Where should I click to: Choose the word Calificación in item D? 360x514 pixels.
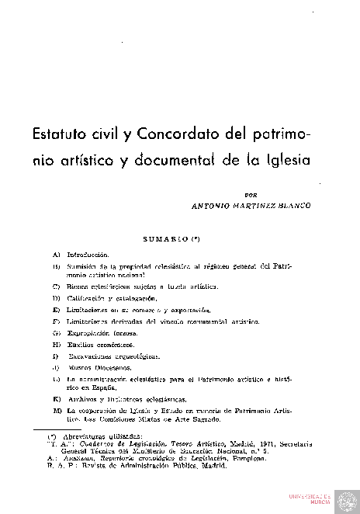[x=88, y=297]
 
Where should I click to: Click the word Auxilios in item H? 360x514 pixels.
[x=82, y=344]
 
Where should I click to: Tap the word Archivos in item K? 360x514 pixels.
[x=83, y=398]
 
